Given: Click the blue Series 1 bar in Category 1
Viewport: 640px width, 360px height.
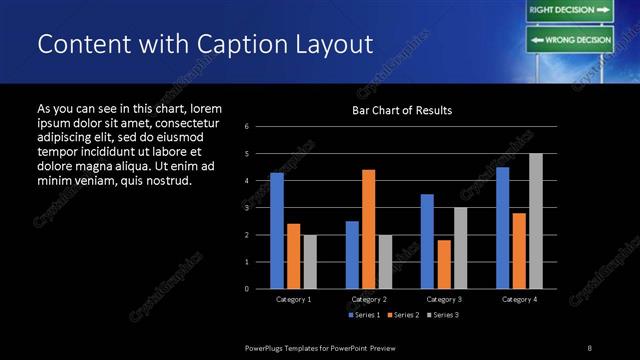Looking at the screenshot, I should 277,231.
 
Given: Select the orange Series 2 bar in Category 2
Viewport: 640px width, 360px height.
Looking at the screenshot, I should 369,229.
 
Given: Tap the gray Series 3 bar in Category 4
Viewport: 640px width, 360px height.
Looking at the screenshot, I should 536,221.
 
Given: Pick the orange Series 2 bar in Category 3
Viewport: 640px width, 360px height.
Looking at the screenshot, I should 444,264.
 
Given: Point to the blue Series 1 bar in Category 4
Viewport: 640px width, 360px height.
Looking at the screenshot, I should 502,228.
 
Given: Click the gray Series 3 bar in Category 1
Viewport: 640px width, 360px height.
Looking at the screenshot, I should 310,262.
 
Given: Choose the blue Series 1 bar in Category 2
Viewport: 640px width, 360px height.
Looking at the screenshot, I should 352,255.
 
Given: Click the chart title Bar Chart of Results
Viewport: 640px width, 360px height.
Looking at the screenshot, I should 402,110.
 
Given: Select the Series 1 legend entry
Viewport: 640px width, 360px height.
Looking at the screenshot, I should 363,315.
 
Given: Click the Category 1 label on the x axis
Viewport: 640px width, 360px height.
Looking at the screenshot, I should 293,299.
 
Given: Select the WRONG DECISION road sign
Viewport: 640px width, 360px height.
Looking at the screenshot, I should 569,40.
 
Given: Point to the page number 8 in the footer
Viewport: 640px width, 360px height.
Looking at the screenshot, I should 589,347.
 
